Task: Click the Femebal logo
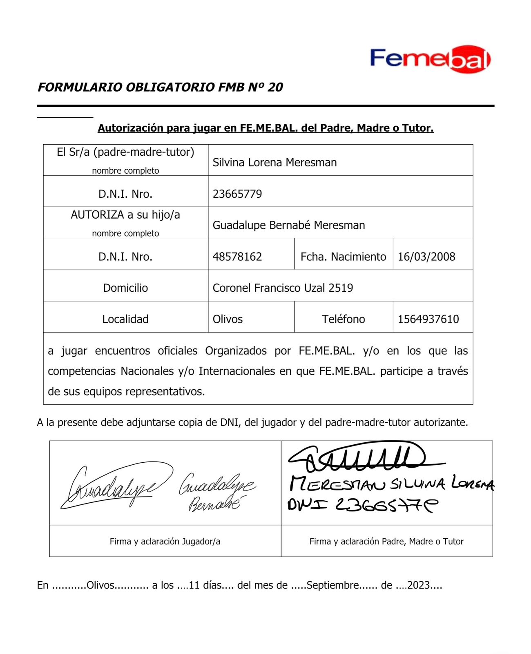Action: coord(431,59)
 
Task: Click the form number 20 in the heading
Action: coord(276,87)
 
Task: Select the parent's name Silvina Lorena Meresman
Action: coord(274,162)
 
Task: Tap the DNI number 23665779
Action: coord(237,194)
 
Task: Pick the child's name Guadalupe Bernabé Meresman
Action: coord(289,225)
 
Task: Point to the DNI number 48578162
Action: coord(237,257)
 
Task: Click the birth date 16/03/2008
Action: coord(426,257)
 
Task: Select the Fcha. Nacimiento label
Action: coord(343,257)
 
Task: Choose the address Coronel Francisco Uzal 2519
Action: coord(283,288)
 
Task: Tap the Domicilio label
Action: coord(125,288)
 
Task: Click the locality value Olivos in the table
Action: coord(228,319)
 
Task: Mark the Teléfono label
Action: coord(343,319)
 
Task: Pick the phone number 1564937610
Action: coord(428,319)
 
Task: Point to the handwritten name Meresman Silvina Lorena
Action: coord(391,484)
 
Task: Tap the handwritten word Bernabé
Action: coord(214,504)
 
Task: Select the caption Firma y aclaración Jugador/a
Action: coord(165,542)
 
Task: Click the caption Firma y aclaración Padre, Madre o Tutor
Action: coord(386,542)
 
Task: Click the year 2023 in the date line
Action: coord(419,585)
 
